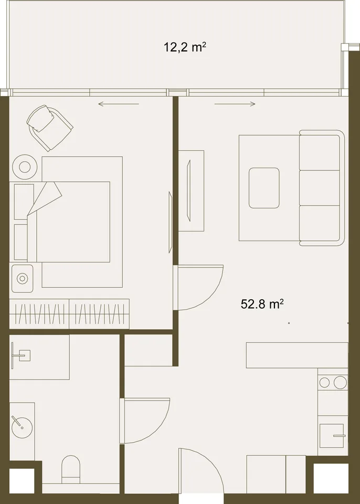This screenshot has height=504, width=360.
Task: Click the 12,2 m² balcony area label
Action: click(185, 48)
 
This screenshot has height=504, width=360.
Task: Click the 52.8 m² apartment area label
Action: click(262, 304)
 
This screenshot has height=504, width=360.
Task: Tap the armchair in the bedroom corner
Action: click(49, 128)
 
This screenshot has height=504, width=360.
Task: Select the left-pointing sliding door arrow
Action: click(119, 104)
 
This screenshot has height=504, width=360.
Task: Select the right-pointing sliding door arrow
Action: click(235, 104)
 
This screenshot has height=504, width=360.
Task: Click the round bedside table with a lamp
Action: click(25, 167)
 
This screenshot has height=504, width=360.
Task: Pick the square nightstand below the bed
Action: click(22, 278)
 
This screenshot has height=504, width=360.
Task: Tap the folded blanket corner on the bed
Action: click(45, 198)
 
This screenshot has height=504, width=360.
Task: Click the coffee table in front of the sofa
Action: click(264, 188)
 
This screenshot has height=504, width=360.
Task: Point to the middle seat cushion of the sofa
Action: click(320, 188)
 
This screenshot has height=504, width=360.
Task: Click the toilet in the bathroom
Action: click(71, 469)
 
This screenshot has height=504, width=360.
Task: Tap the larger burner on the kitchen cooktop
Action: click(340, 383)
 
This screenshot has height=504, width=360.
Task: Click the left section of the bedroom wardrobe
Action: click(39, 314)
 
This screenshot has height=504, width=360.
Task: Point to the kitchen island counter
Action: click(297, 355)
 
